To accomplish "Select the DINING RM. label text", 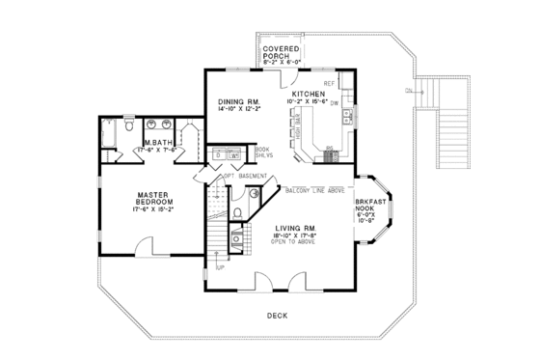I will point(238,101).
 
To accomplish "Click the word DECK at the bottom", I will point(276,318).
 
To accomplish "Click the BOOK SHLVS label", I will point(261,152).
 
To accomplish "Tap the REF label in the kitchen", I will point(329,84).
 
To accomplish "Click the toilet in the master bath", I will point(128,125).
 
